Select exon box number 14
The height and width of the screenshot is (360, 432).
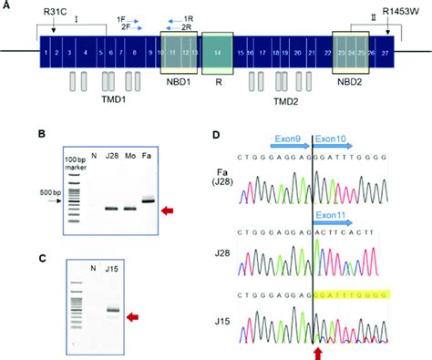tap(218, 55)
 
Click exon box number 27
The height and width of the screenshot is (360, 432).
tap(385, 55)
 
